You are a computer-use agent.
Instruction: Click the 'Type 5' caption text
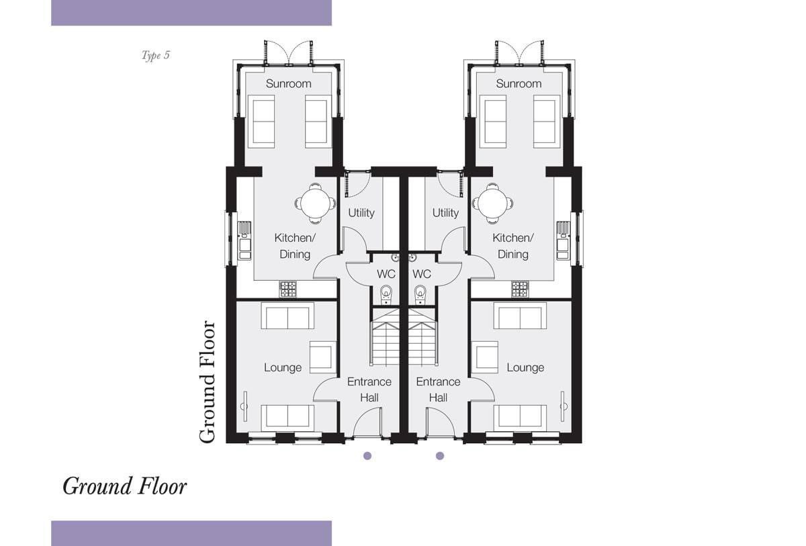(155, 55)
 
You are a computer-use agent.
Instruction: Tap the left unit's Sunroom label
(289, 83)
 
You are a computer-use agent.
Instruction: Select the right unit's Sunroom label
(519, 83)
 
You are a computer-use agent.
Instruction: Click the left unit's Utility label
(361, 213)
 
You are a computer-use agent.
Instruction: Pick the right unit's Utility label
(445, 213)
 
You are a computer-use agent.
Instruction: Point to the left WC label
(386, 274)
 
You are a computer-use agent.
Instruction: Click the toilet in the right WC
(420, 295)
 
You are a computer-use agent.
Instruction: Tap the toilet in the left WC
(386, 295)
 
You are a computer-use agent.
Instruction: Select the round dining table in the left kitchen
(316, 203)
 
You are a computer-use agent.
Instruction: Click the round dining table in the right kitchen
(492, 203)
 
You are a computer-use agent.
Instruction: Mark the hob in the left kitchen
(288, 289)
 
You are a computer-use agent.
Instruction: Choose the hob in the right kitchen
(520, 289)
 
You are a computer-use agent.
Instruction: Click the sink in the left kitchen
(244, 240)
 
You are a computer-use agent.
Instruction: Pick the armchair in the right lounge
(485, 357)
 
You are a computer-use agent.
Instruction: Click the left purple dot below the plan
(367, 456)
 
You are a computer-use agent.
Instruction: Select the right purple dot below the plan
(440, 456)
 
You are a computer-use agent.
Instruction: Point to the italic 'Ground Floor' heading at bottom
(124, 486)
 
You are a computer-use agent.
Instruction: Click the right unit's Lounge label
(525, 367)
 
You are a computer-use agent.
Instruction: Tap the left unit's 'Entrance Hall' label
(369, 390)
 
